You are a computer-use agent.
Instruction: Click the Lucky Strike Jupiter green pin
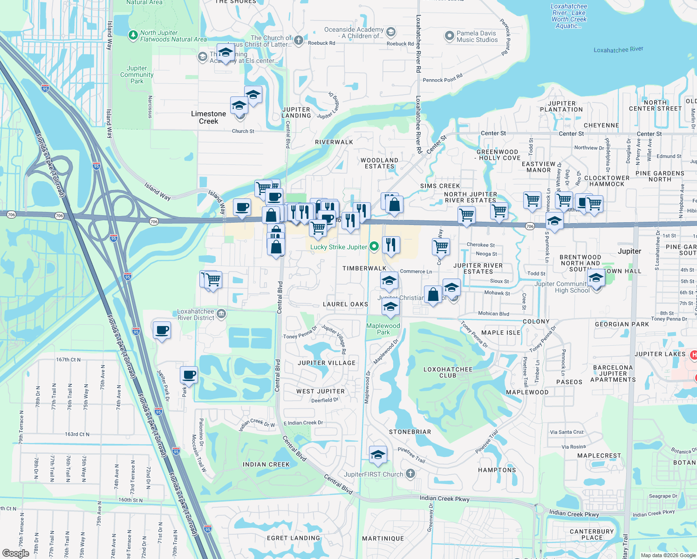[374, 246]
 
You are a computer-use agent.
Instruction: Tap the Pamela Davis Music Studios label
[477, 36]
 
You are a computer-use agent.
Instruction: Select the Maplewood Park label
[383, 329]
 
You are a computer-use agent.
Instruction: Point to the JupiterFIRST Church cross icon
[410, 474]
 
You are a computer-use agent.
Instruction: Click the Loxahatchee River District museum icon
[221, 314]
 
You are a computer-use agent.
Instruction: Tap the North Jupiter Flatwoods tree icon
[133, 35]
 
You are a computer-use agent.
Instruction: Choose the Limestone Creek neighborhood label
[208, 117]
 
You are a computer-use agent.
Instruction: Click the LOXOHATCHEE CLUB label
[448, 372]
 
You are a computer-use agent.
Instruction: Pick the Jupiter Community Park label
[137, 75]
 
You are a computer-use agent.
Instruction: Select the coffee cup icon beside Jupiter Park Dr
[189, 375]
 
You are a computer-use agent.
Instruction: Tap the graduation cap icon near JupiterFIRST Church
[378, 455]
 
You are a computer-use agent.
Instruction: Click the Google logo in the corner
[15, 553]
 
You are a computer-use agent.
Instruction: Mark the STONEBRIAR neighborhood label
[410, 432]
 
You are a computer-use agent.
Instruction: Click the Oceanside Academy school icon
[391, 32]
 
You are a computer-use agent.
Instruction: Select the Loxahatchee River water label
[618, 49]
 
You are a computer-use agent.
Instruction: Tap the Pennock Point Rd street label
[443, 78]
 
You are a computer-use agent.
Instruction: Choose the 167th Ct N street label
[68, 360]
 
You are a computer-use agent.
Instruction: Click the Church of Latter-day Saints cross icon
[299, 41]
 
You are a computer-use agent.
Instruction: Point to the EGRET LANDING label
[294, 538]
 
